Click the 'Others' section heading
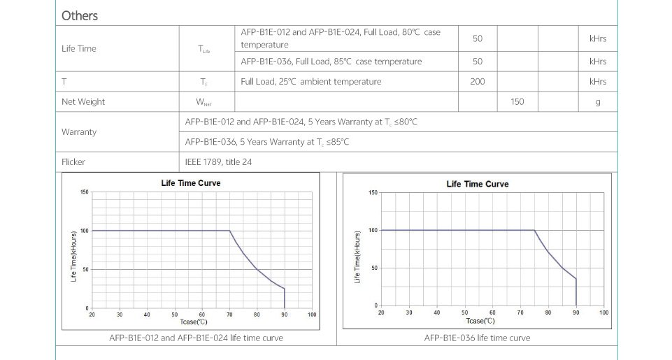[80, 15]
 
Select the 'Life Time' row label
[79, 48]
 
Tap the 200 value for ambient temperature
[478, 82]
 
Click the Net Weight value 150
[517, 102]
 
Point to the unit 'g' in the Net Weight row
[598, 102]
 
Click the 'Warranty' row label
[79, 132]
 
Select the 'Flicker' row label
[73, 162]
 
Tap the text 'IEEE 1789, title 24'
[218, 162]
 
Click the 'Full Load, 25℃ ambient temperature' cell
[311, 82]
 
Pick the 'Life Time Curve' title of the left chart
[191, 183]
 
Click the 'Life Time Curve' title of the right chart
[478, 184]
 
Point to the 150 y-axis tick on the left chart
[84, 192]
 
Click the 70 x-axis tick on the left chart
[229, 315]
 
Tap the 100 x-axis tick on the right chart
[603, 312]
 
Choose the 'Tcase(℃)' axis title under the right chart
[480, 321]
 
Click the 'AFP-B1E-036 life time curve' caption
[477, 338]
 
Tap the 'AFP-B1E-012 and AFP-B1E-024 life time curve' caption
[196, 338]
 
